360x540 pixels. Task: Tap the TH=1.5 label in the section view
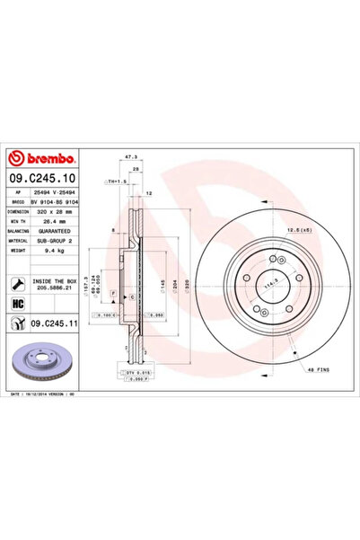[x=116, y=181]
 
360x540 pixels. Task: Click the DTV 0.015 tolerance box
[x=132, y=372]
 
